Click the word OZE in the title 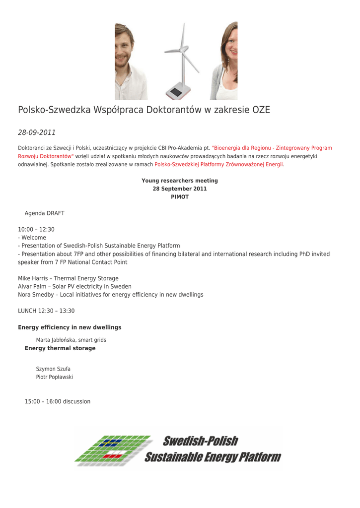tap(261, 110)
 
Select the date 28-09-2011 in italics tap(37, 132)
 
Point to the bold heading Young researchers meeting tap(180, 181)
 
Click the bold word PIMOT tap(180, 197)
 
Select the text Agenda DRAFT tap(45, 213)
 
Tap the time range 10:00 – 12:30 tap(36, 229)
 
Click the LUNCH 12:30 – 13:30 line tap(46, 311)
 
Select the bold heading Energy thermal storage tap(60, 348)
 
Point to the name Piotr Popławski tap(55, 377)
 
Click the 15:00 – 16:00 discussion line tap(58, 401)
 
